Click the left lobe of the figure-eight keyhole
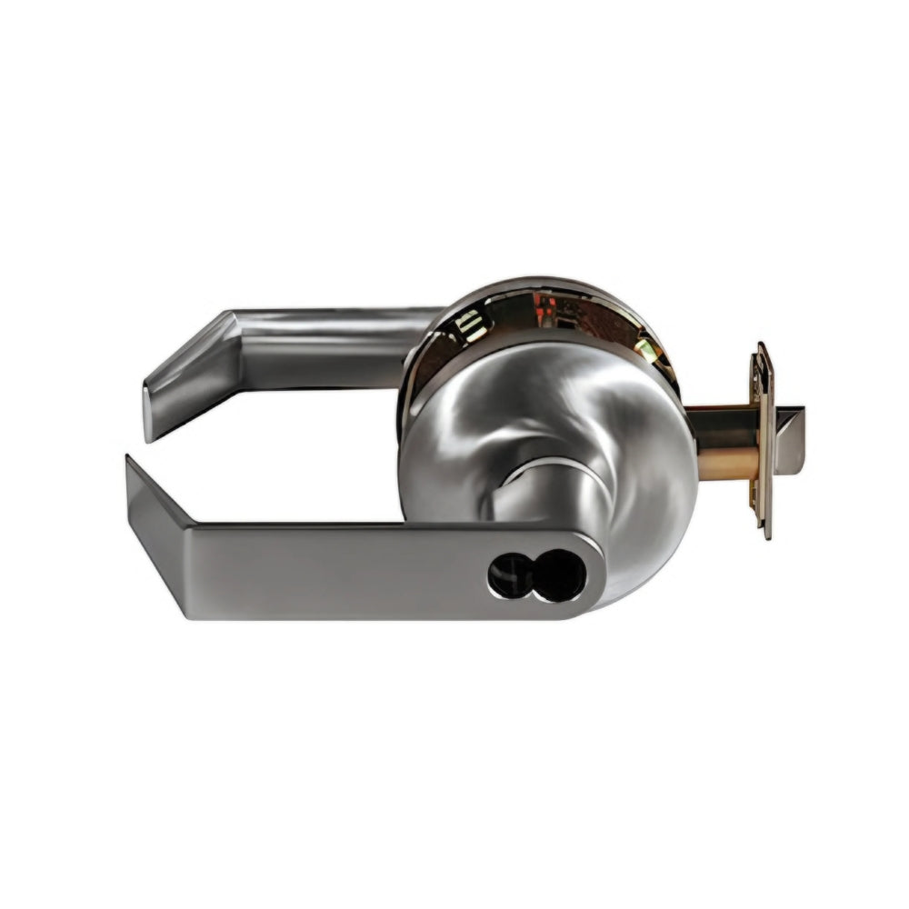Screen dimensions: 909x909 [x=505, y=574]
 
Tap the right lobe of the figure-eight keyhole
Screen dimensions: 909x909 [x=557, y=574]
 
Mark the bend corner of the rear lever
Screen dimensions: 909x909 [x=227, y=323]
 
